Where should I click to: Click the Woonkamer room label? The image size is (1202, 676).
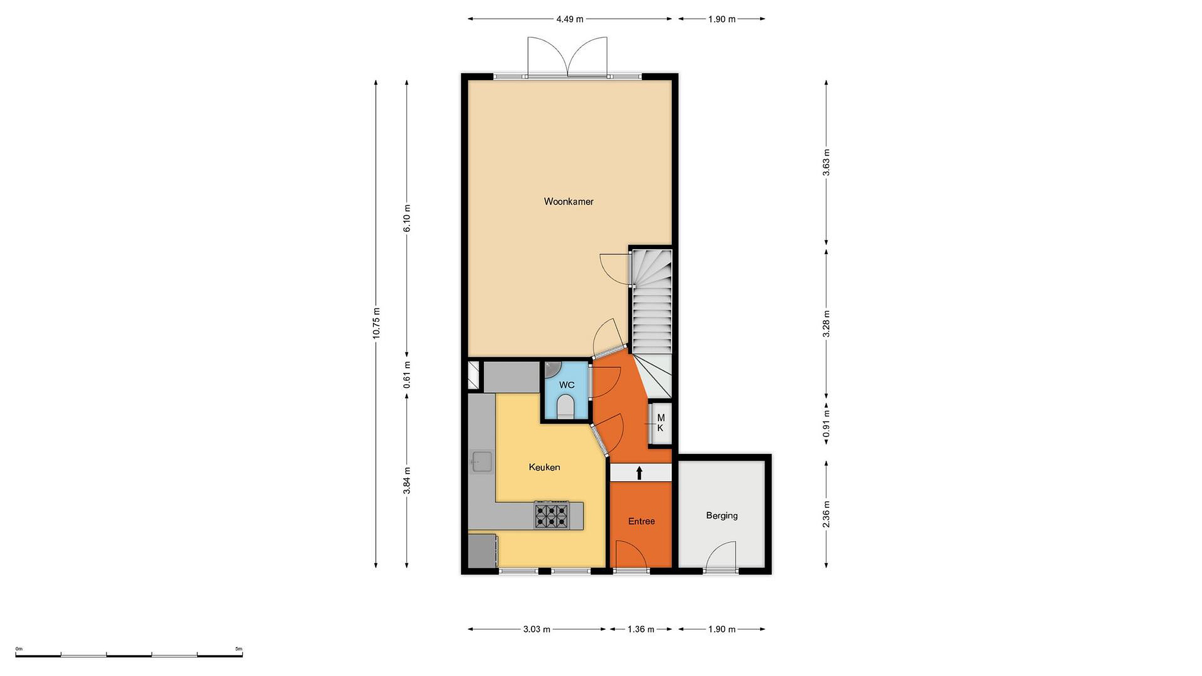point(568,202)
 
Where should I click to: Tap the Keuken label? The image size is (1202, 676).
point(544,467)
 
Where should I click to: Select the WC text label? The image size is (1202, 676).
point(566,385)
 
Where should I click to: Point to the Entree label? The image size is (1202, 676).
point(641,521)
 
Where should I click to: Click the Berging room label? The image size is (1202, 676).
point(722,515)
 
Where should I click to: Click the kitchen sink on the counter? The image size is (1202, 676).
point(481,462)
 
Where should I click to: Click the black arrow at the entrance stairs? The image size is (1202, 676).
point(639,473)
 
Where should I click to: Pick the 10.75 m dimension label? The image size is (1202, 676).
point(376,323)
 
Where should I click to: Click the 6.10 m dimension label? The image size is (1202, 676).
point(407,218)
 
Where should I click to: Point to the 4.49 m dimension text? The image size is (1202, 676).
point(569,19)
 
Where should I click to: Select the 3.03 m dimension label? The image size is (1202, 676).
point(537,629)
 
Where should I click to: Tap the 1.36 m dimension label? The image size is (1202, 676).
point(641,629)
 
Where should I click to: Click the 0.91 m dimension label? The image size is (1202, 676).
point(826,424)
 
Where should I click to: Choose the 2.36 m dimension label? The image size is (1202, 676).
point(826,514)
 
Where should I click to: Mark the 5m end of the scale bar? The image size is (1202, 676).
point(242,656)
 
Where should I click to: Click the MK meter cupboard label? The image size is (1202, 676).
point(660,423)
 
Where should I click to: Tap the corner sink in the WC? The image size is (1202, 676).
point(551,369)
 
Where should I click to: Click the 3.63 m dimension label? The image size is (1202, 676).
point(826,162)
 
